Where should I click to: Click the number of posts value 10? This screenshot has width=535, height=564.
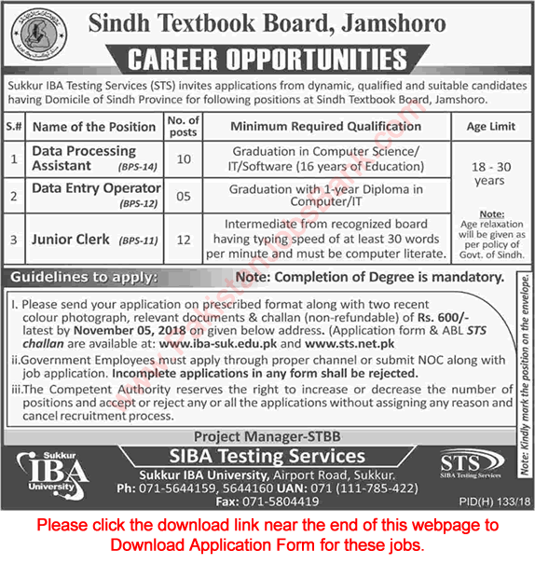tap(184, 159)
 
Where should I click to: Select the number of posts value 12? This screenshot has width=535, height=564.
tap(184, 240)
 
